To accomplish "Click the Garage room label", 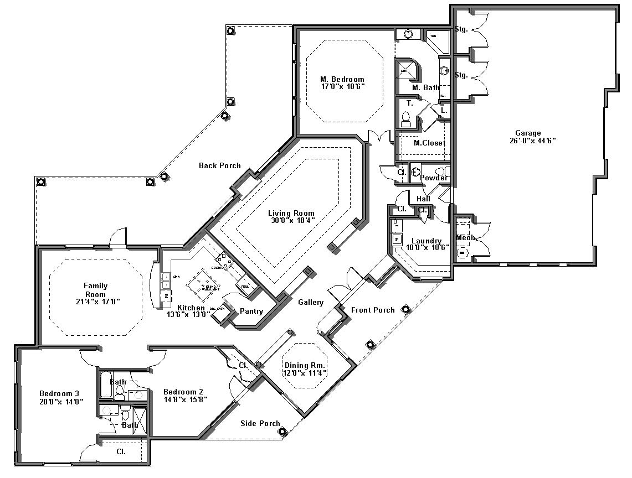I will click(x=527, y=133).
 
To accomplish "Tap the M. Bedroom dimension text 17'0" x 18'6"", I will click(x=342, y=87).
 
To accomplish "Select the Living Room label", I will click(x=291, y=213).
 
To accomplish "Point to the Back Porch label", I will click(x=220, y=165).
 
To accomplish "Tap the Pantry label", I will click(x=251, y=311).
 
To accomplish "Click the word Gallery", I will click(x=310, y=303).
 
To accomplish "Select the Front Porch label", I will click(x=373, y=310).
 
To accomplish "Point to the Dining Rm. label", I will click(x=304, y=366).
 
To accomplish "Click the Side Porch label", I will click(x=260, y=424).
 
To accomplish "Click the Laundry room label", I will click(x=426, y=241).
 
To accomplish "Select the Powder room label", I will click(x=434, y=178).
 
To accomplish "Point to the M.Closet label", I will click(x=429, y=143).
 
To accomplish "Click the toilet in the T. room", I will click(x=405, y=118).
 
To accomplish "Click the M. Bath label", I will click(x=425, y=87).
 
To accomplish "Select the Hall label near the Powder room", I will click(x=423, y=199).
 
